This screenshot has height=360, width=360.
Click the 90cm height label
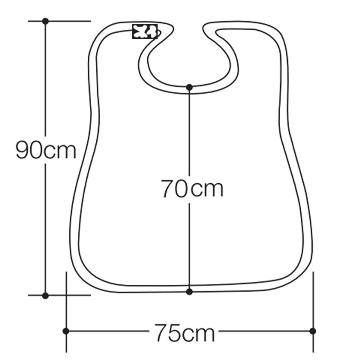click(46, 150)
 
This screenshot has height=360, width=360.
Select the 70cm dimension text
click(192, 188)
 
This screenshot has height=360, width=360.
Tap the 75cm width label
click(184, 332)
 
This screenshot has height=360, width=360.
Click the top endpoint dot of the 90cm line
click(46, 21)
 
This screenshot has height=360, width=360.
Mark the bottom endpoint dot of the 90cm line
click(46, 296)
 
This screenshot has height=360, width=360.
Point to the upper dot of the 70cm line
click(190, 87)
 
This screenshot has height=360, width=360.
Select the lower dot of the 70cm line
click(190, 292)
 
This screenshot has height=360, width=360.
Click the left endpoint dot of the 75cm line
click(66, 331)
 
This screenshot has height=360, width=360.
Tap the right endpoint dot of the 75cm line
click(313, 331)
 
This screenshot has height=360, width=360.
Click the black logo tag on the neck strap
click(145, 31)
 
